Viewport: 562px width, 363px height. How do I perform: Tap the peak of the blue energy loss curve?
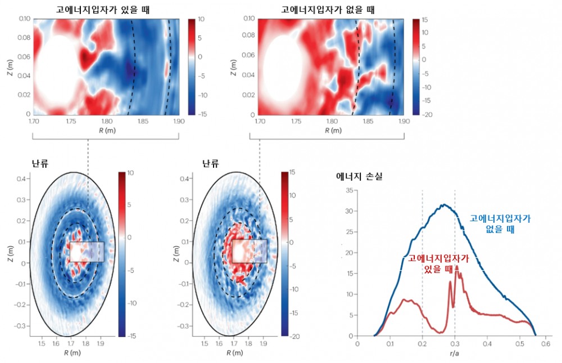coord(443,205)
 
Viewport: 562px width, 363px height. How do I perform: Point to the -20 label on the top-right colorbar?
coord(425,114)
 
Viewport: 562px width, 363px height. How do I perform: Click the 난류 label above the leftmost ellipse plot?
coord(40,164)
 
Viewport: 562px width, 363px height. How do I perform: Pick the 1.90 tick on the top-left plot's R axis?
coord(178,121)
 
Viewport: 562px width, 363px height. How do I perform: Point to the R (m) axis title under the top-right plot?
coord(330,131)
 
